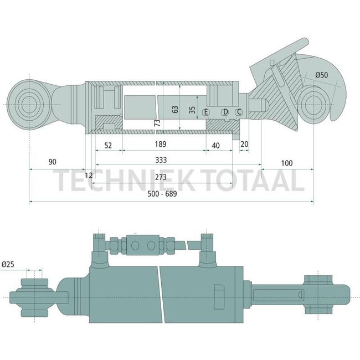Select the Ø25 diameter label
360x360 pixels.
[x=8, y=265]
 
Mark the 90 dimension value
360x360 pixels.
[x=53, y=162]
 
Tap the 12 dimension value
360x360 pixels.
[x=89, y=175]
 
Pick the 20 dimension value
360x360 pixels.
[x=244, y=145]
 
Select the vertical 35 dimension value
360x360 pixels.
[x=192, y=109]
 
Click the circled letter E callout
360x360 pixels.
[x=206, y=112]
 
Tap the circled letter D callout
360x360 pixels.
[x=225, y=112]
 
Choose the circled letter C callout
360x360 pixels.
[x=239, y=112]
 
